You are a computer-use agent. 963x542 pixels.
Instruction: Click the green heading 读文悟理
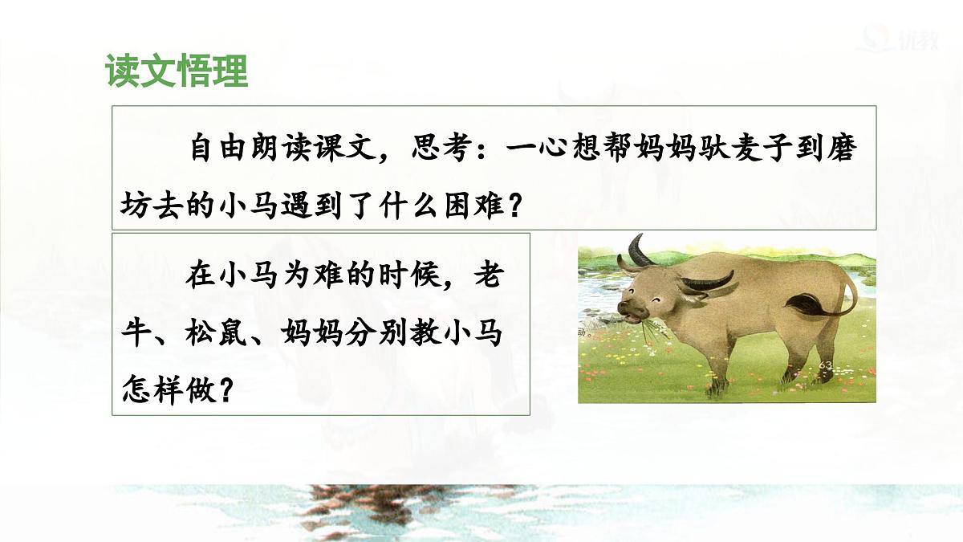pyautogui.click(x=176, y=71)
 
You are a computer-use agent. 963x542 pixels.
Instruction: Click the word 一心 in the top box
pyautogui.click(x=538, y=149)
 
